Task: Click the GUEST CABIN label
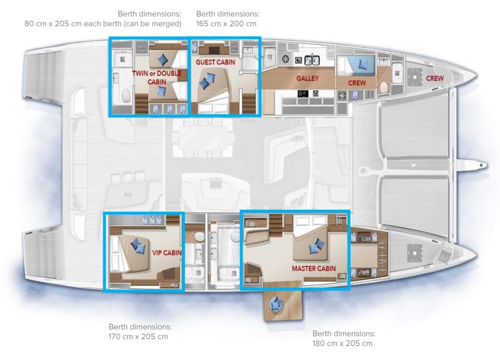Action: point(215,62)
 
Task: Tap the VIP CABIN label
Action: point(167,253)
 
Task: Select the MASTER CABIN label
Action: point(314,269)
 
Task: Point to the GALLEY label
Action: point(308,79)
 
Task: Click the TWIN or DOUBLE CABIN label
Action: point(157,78)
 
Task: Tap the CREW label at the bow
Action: point(435,79)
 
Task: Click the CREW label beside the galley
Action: point(357,83)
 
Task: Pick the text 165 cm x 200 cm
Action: point(226,23)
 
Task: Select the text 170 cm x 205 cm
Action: point(138,337)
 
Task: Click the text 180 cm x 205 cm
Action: point(342,343)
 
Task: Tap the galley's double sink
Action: point(312,60)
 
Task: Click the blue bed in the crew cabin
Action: point(360,64)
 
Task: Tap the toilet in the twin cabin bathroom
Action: point(126,95)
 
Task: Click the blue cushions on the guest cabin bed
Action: point(207,81)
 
